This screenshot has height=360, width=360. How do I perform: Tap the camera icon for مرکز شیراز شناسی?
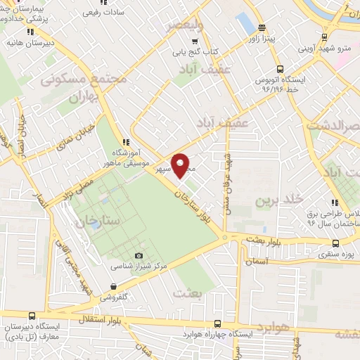(139, 256)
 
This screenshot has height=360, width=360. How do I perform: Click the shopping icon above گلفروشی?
(113, 286)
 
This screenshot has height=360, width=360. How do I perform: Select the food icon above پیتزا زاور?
(262, 29)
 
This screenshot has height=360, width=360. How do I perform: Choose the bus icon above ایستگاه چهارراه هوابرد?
(217, 324)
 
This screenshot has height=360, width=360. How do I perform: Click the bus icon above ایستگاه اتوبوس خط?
(279, 69)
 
